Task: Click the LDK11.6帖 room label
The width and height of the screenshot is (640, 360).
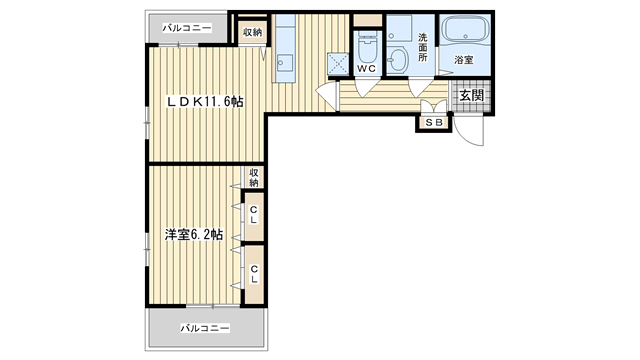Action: pyautogui.click(x=205, y=102)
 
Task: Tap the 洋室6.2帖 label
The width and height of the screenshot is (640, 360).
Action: pyautogui.click(x=194, y=234)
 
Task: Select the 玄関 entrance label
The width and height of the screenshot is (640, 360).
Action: pyautogui.click(x=471, y=96)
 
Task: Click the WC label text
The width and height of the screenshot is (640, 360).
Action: pyautogui.click(x=366, y=69)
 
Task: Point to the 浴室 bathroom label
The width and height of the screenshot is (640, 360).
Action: pyautogui.click(x=464, y=60)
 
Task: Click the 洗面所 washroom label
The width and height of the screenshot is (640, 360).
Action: pyautogui.click(x=422, y=47)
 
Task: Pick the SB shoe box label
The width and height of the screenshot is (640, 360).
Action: pyautogui.click(x=434, y=122)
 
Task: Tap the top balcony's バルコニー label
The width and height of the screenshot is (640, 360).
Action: pyautogui.click(x=187, y=28)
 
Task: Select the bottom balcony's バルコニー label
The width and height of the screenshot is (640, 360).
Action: pyautogui.click(x=205, y=328)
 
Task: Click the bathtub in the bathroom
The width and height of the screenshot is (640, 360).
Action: pyautogui.click(x=465, y=29)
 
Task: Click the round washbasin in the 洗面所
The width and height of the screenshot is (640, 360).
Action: pyautogui.click(x=397, y=60)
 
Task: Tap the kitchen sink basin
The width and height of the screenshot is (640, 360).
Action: pyautogui.click(x=284, y=62)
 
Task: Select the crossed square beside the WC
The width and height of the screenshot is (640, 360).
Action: pyautogui.click(x=338, y=64)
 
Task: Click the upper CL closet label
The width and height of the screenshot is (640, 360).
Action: pyautogui.click(x=253, y=215)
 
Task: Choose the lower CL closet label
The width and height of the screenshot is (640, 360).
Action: pyautogui.click(x=254, y=274)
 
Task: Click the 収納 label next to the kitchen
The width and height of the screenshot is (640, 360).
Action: pyautogui.click(x=252, y=32)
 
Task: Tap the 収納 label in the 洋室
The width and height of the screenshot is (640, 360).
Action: pyautogui.click(x=254, y=178)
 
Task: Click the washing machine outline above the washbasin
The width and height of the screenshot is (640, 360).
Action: pyautogui.click(x=400, y=29)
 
